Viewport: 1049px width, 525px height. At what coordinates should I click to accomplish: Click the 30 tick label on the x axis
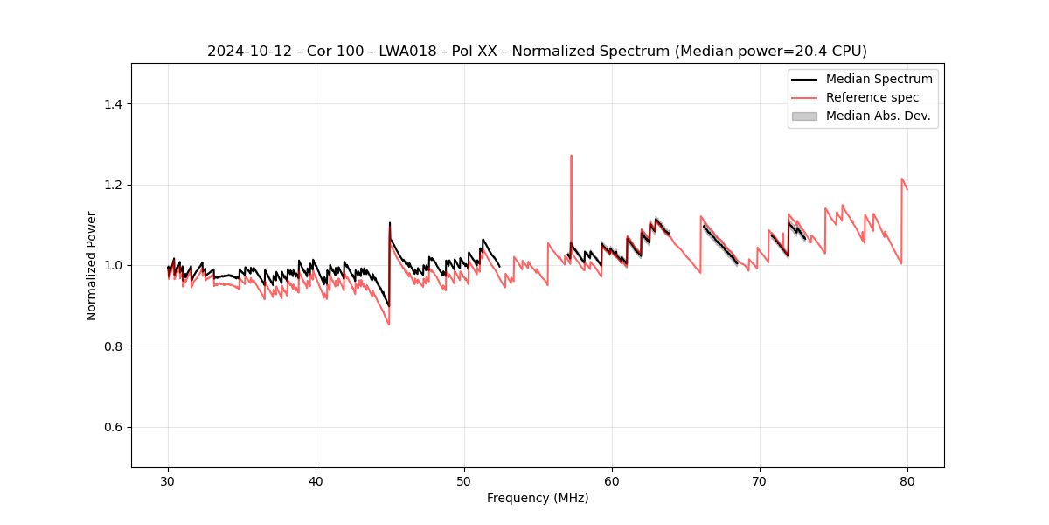point(168,480)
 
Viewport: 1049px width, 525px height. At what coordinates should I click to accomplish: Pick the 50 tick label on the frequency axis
point(464,480)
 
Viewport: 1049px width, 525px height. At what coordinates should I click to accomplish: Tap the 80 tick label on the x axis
point(907,480)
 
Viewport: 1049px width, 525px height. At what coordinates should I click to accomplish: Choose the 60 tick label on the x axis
point(612,480)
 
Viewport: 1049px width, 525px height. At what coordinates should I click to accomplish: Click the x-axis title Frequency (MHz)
point(538,498)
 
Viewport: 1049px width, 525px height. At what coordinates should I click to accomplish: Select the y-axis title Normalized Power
point(92,265)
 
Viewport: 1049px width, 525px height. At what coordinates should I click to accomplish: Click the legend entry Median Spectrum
point(879,79)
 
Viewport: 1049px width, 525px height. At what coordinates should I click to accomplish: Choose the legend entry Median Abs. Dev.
point(878,115)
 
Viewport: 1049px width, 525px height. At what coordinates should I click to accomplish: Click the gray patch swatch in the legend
point(803,115)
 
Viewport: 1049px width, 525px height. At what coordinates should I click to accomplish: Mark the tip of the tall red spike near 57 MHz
point(571,156)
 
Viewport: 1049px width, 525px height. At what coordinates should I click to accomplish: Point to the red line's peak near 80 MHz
point(901,178)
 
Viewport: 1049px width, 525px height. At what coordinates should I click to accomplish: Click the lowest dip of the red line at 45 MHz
point(389,325)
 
